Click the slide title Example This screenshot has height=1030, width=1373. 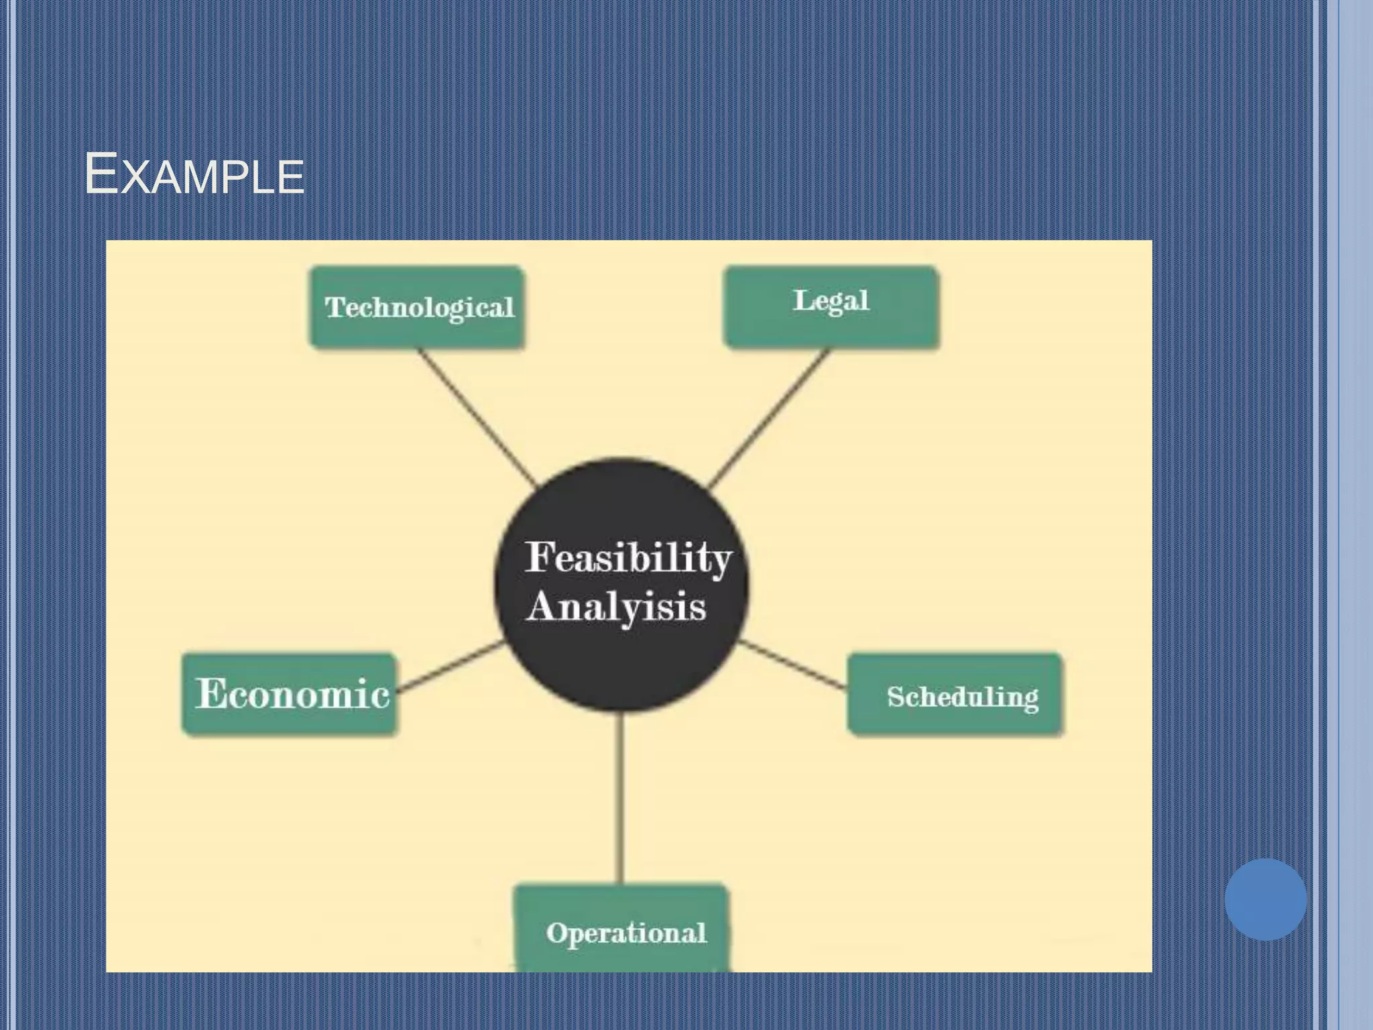(x=194, y=174)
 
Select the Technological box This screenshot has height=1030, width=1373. (x=417, y=307)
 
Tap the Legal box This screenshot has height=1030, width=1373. (x=831, y=307)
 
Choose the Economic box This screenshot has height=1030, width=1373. (x=290, y=694)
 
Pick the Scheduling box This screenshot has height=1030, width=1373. (x=955, y=695)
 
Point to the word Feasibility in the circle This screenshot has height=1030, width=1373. (x=628, y=557)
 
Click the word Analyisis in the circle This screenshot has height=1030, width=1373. (x=615, y=607)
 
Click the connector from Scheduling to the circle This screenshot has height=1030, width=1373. (x=792, y=665)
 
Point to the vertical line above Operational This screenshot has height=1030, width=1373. (x=621, y=798)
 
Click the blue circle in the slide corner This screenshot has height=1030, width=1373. (x=1265, y=899)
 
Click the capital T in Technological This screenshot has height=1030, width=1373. (x=335, y=307)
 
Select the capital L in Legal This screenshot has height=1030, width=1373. (x=803, y=300)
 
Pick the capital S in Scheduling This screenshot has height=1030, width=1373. (x=897, y=697)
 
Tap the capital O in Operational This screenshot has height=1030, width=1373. (x=556, y=933)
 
